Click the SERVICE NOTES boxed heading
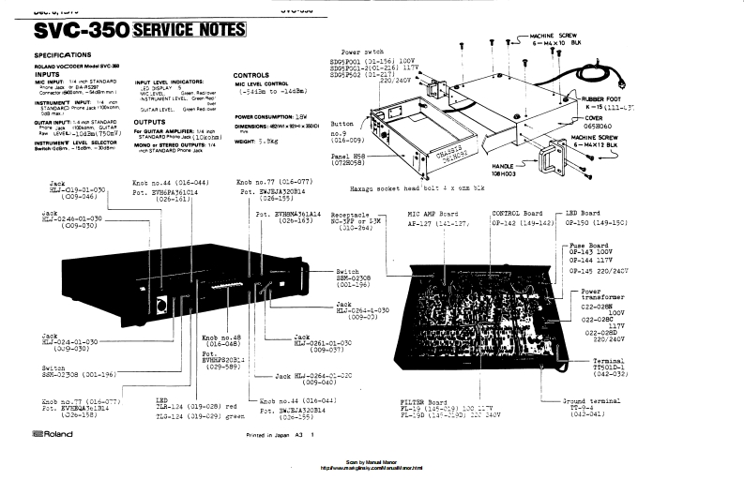click(x=191, y=31)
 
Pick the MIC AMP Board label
click(x=434, y=213)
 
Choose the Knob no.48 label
click(x=220, y=336)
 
